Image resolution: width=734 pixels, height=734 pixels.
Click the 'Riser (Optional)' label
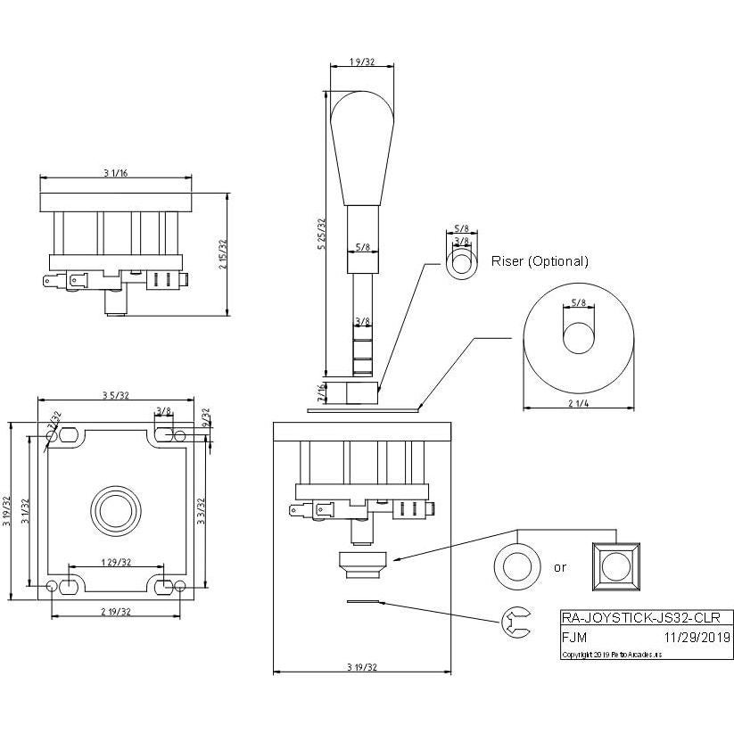coord(540,261)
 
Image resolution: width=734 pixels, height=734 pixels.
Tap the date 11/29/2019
coord(697,637)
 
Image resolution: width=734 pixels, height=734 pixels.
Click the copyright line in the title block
coord(612,654)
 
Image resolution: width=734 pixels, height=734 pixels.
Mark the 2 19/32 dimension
coord(116,612)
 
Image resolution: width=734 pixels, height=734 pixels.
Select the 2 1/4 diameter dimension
coord(577,402)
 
